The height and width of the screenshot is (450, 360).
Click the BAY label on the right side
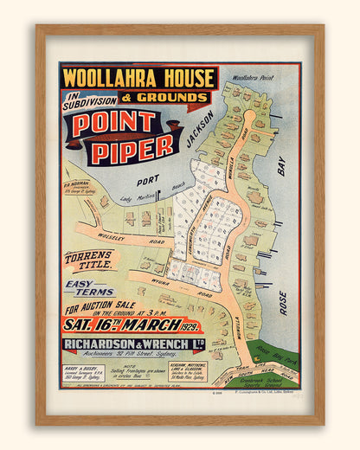tap(281, 165)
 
